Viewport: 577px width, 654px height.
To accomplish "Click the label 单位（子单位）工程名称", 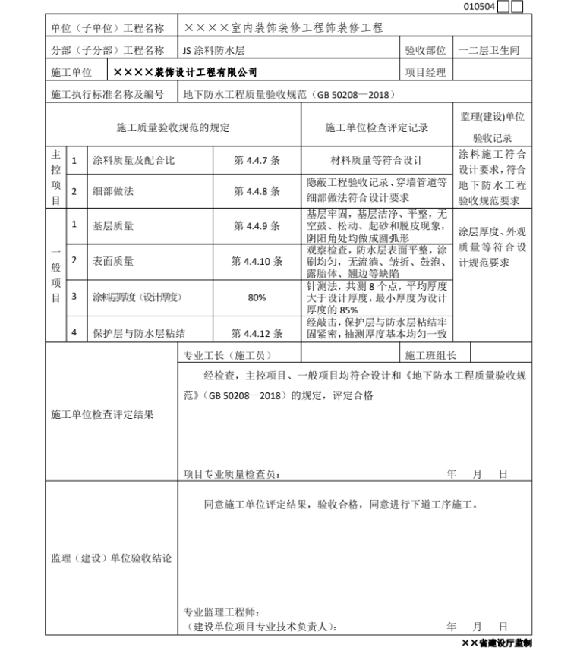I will click(107, 28).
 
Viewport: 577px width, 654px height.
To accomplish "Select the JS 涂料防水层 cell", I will click(213, 51).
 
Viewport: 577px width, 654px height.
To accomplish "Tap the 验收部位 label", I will click(425, 51).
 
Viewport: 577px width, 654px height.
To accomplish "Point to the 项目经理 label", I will click(425, 73).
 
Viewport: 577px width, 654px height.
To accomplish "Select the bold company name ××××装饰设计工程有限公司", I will click(185, 73).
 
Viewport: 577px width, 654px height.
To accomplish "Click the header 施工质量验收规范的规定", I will click(172, 128).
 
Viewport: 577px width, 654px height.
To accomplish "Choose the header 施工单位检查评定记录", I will click(377, 128).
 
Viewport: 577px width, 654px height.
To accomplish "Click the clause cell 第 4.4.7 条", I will click(257, 161).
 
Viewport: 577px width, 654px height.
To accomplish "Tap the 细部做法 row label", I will click(113, 192).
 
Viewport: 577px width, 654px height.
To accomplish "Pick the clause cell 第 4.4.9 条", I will click(257, 225).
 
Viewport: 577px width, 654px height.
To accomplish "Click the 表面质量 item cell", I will click(113, 261).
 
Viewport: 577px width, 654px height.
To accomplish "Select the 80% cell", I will click(257, 297).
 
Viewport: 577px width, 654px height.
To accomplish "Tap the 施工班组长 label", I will click(430, 354).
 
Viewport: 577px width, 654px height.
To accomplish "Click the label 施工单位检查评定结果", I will click(102, 414).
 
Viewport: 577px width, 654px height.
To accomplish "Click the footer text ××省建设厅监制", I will click(497, 643).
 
